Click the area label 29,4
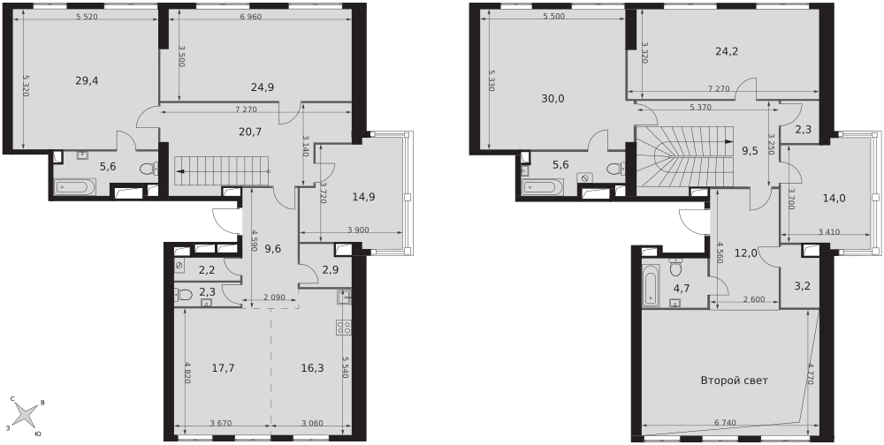[x=87, y=80]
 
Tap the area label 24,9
[x=263, y=87]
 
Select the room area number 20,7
[x=250, y=132]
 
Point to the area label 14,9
[x=363, y=197]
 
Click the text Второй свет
[x=734, y=381]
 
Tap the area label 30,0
[x=553, y=99]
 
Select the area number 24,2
[x=727, y=51]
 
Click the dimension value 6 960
[x=251, y=17]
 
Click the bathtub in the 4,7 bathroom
[x=650, y=285]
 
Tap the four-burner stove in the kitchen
[x=344, y=328]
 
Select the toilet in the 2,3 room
[x=181, y=294]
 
